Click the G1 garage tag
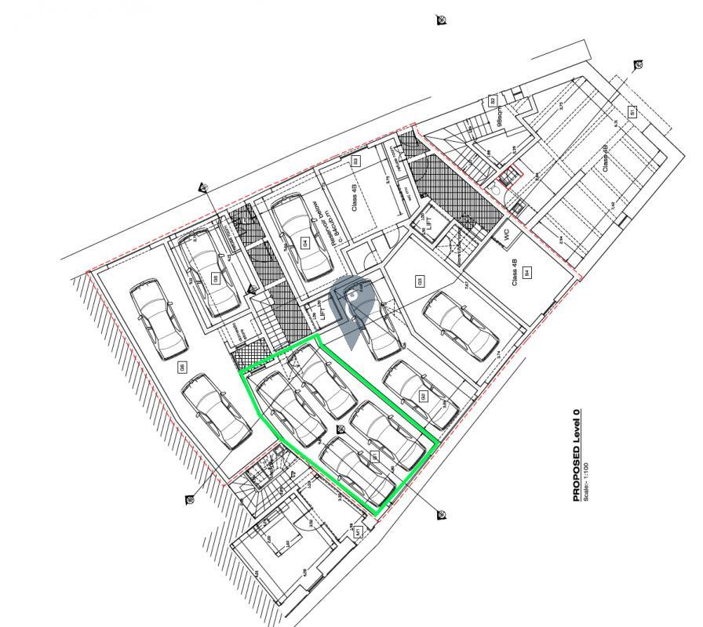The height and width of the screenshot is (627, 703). coord(376,456)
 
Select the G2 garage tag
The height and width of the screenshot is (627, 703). coord(423,396)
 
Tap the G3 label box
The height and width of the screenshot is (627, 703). coord(420,281)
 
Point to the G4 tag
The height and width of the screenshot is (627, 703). coord(304,243)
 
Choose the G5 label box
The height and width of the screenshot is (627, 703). coord(214,278)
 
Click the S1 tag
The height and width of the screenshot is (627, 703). coord(632,112)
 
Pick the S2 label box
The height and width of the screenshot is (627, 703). coord(493,101)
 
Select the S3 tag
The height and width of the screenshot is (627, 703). coord(355,161)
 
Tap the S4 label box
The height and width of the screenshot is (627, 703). coord(527,274)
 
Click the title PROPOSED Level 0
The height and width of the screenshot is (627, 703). coord(577,455)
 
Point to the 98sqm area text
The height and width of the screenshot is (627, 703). coord(500,118)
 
